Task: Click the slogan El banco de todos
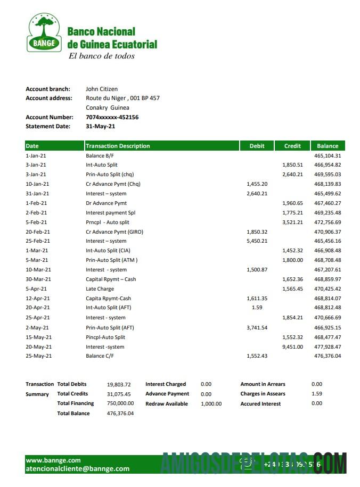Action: coord(101,56)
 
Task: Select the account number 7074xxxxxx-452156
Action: coord(112,117)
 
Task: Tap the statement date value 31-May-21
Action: coord(100,127)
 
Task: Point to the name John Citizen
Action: coord(102,89)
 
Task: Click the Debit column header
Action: coord(257,146)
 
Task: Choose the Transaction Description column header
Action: coord(118,146)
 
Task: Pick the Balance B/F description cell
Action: coord(100,155)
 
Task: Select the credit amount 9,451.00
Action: coord(292,346)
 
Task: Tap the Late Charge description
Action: coord(100,289)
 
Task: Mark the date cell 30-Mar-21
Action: coord(38,279)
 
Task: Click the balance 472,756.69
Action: coord(328,222)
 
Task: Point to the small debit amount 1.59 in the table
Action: coord(257,308)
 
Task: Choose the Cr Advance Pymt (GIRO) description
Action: coord(114,232)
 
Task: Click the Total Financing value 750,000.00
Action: coord(120,403)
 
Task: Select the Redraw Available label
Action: coord(167,404)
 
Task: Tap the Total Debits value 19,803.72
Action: coord(118,384)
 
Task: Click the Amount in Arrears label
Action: coord(263,384)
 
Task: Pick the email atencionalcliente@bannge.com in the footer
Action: coord(77,469)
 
